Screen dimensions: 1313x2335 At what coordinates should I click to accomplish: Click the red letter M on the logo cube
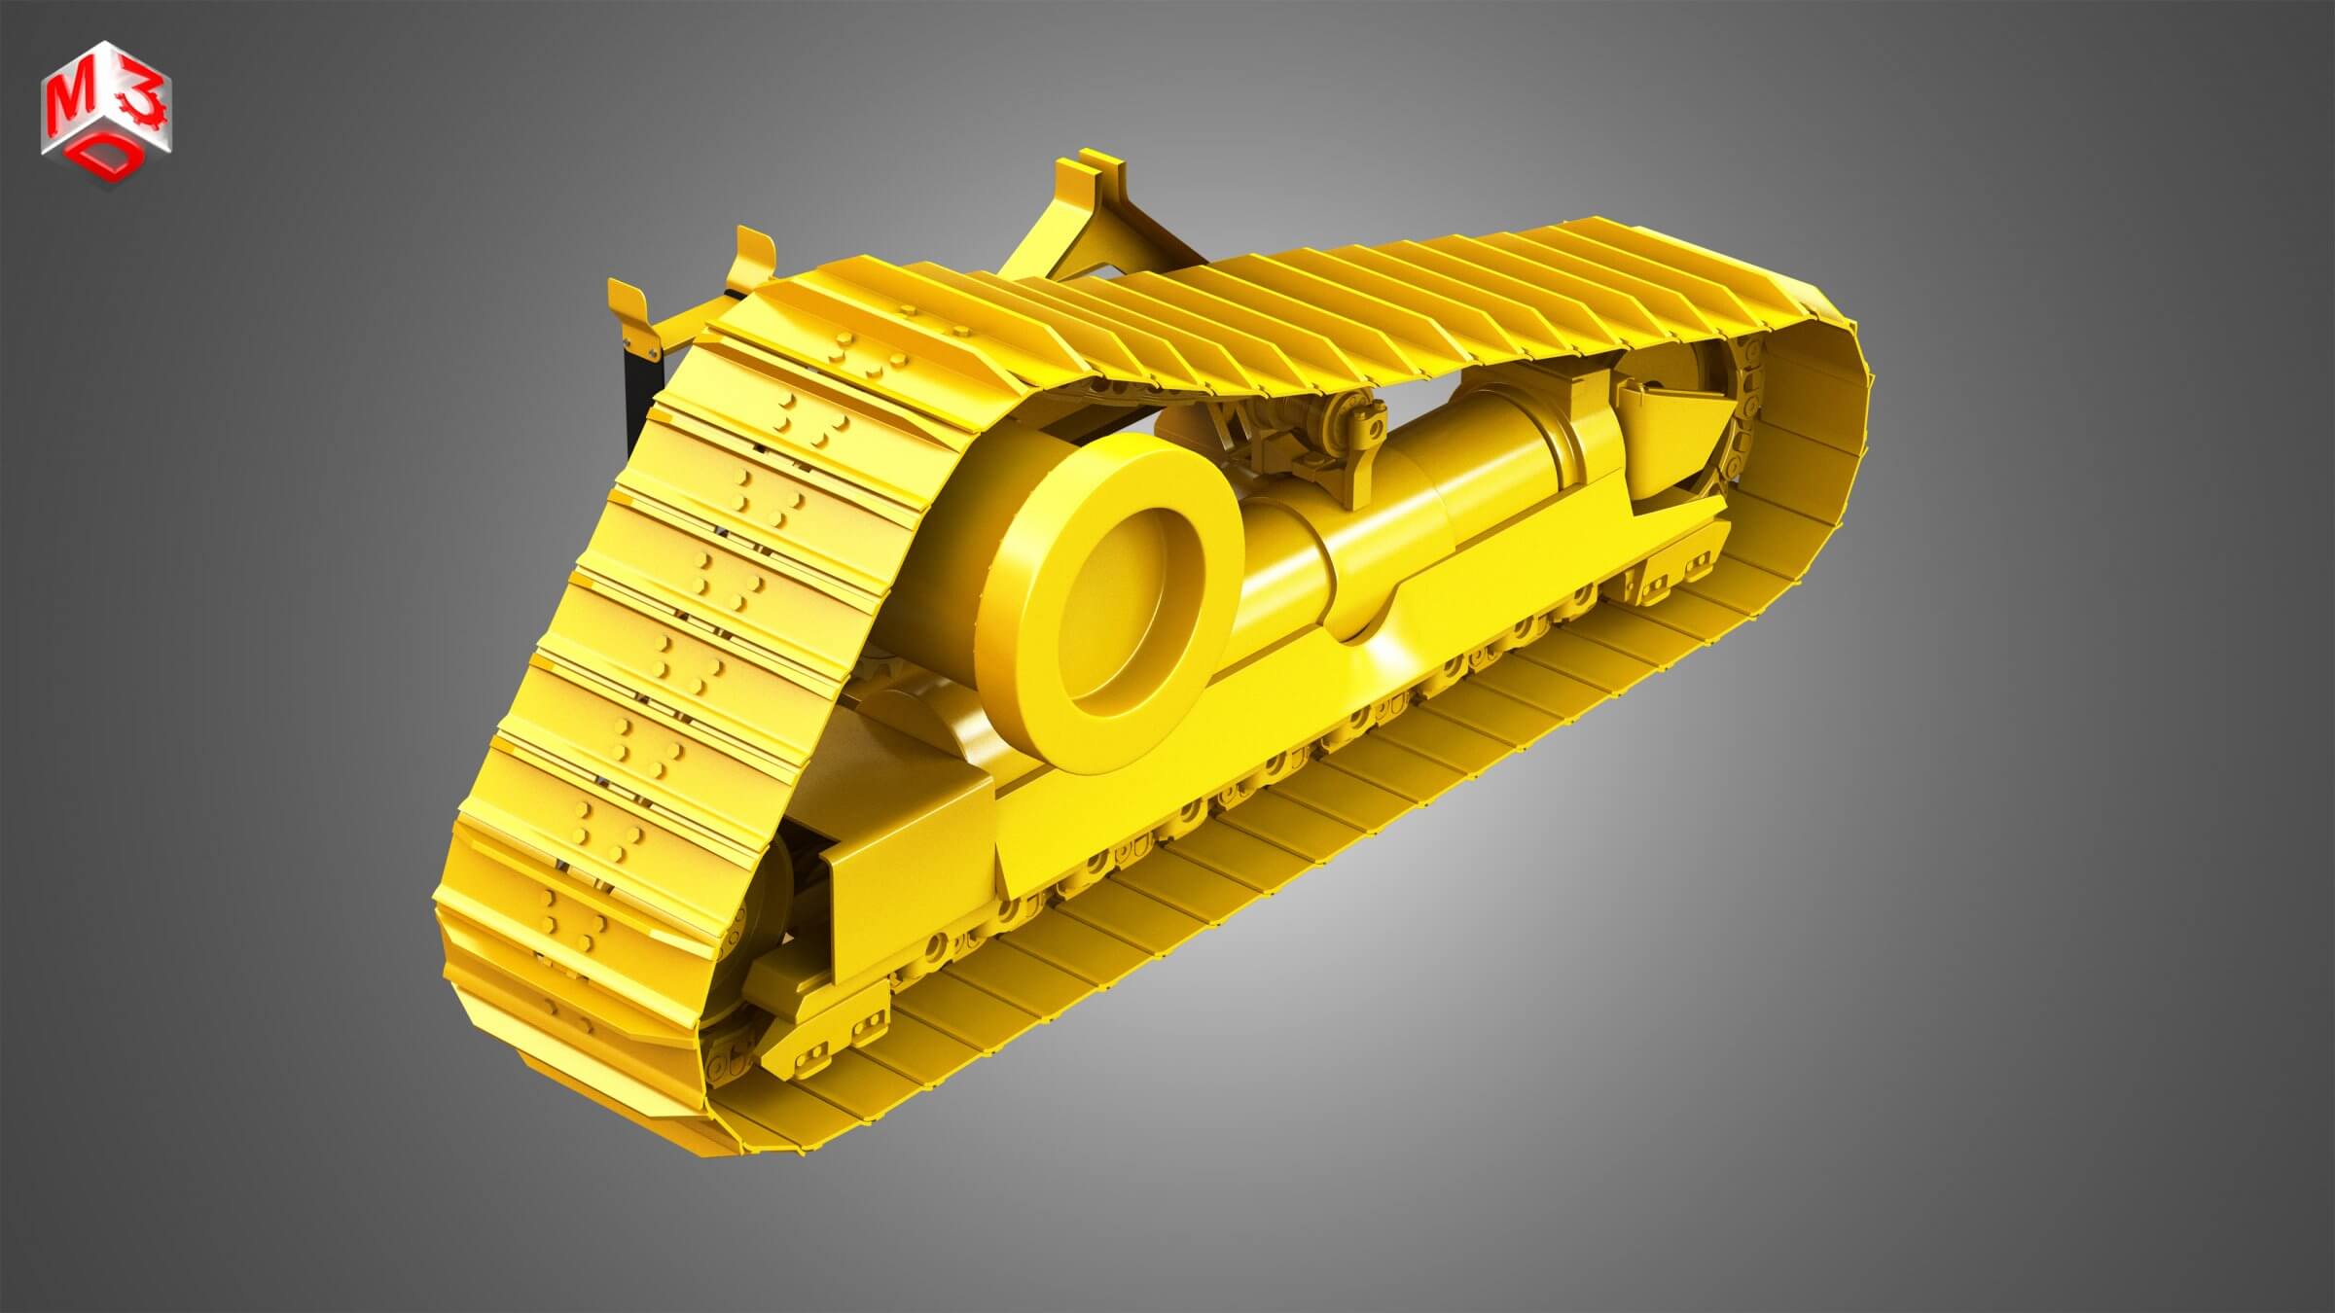pos(70,97)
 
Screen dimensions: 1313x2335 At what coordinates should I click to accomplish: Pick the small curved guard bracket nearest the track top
pos(754,258)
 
